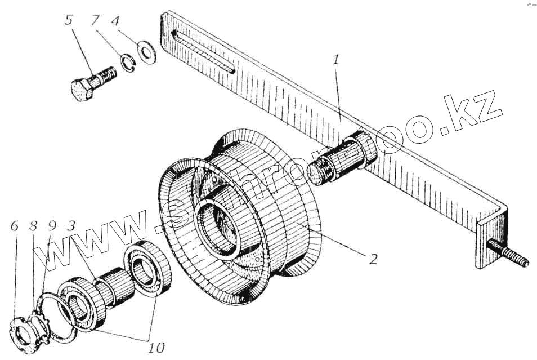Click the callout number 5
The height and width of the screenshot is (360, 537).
coord(69,21)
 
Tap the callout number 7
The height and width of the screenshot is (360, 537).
coord(95,21)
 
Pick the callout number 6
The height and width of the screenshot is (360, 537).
coord(15,226)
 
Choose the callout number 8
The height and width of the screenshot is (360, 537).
coord(33,226)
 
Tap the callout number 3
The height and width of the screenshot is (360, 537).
coord(70,226)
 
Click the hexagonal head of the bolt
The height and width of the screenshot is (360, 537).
coord(83,90)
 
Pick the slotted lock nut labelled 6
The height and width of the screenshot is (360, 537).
coord(23,332)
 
